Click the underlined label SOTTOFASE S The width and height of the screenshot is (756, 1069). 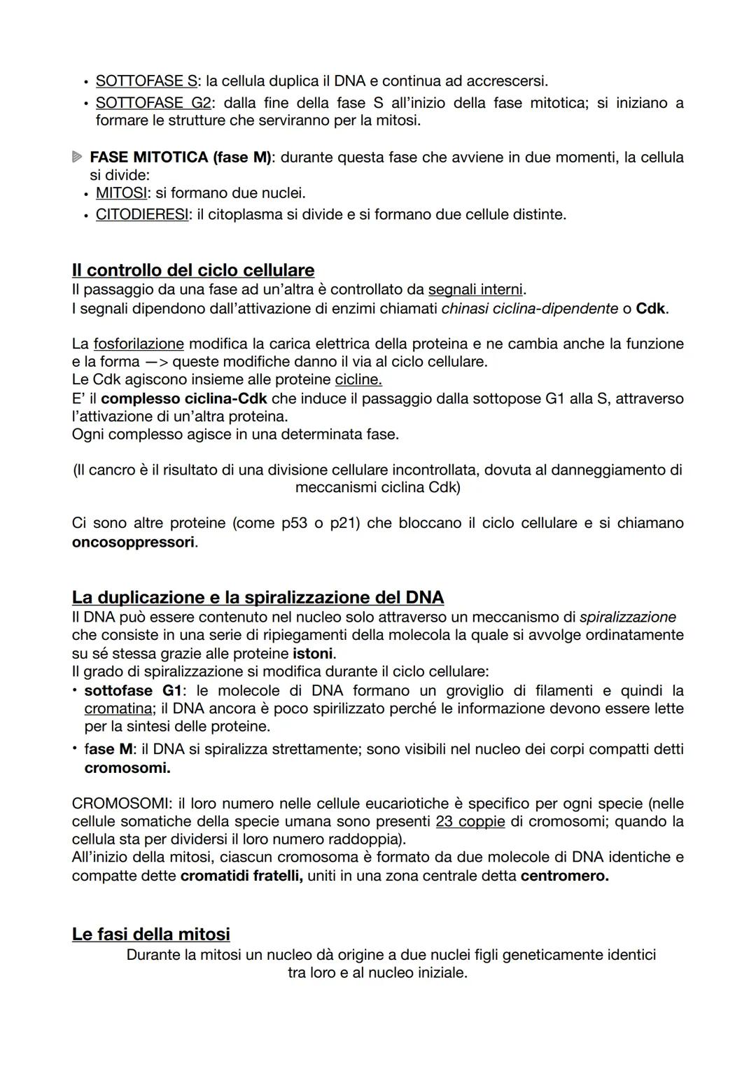pyautogui.click(x=146, y=82)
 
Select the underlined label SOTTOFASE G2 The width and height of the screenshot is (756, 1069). pyautogui.click(x=153, y=103)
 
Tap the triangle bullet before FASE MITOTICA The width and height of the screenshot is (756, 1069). pyautogui.click(x=77, y=158)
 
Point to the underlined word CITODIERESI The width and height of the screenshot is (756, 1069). pyautogui.click(x=142, y=214)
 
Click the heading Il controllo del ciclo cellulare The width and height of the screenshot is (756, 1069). pyautogui.click(x=193, y=270)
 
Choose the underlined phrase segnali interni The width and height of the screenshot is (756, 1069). pyautogui.click(x=475, y=289)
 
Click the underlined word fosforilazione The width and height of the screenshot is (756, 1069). pyautogui.click(x=139, y=344)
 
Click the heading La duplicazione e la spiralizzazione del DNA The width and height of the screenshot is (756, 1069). pyautogui.click(x=258, y=597)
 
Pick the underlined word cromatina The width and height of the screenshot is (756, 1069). pyautogui.click(x=119, y=708)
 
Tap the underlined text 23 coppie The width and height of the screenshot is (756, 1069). pyautogui.click(x=470, y=821)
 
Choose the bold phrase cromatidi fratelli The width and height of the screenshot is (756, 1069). pyautogui.click(x=241, y=876)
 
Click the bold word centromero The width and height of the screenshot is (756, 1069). pyautogui.click(x=564, y=876)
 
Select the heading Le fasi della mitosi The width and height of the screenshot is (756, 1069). pyautogui.click(x=151, y=934)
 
